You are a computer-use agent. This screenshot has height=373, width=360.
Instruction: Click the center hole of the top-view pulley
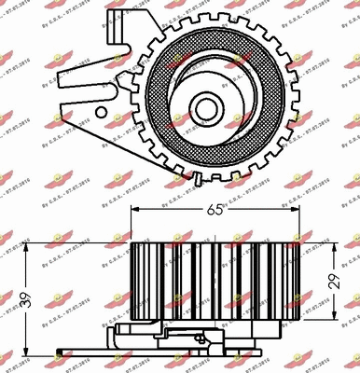(203, 100)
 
